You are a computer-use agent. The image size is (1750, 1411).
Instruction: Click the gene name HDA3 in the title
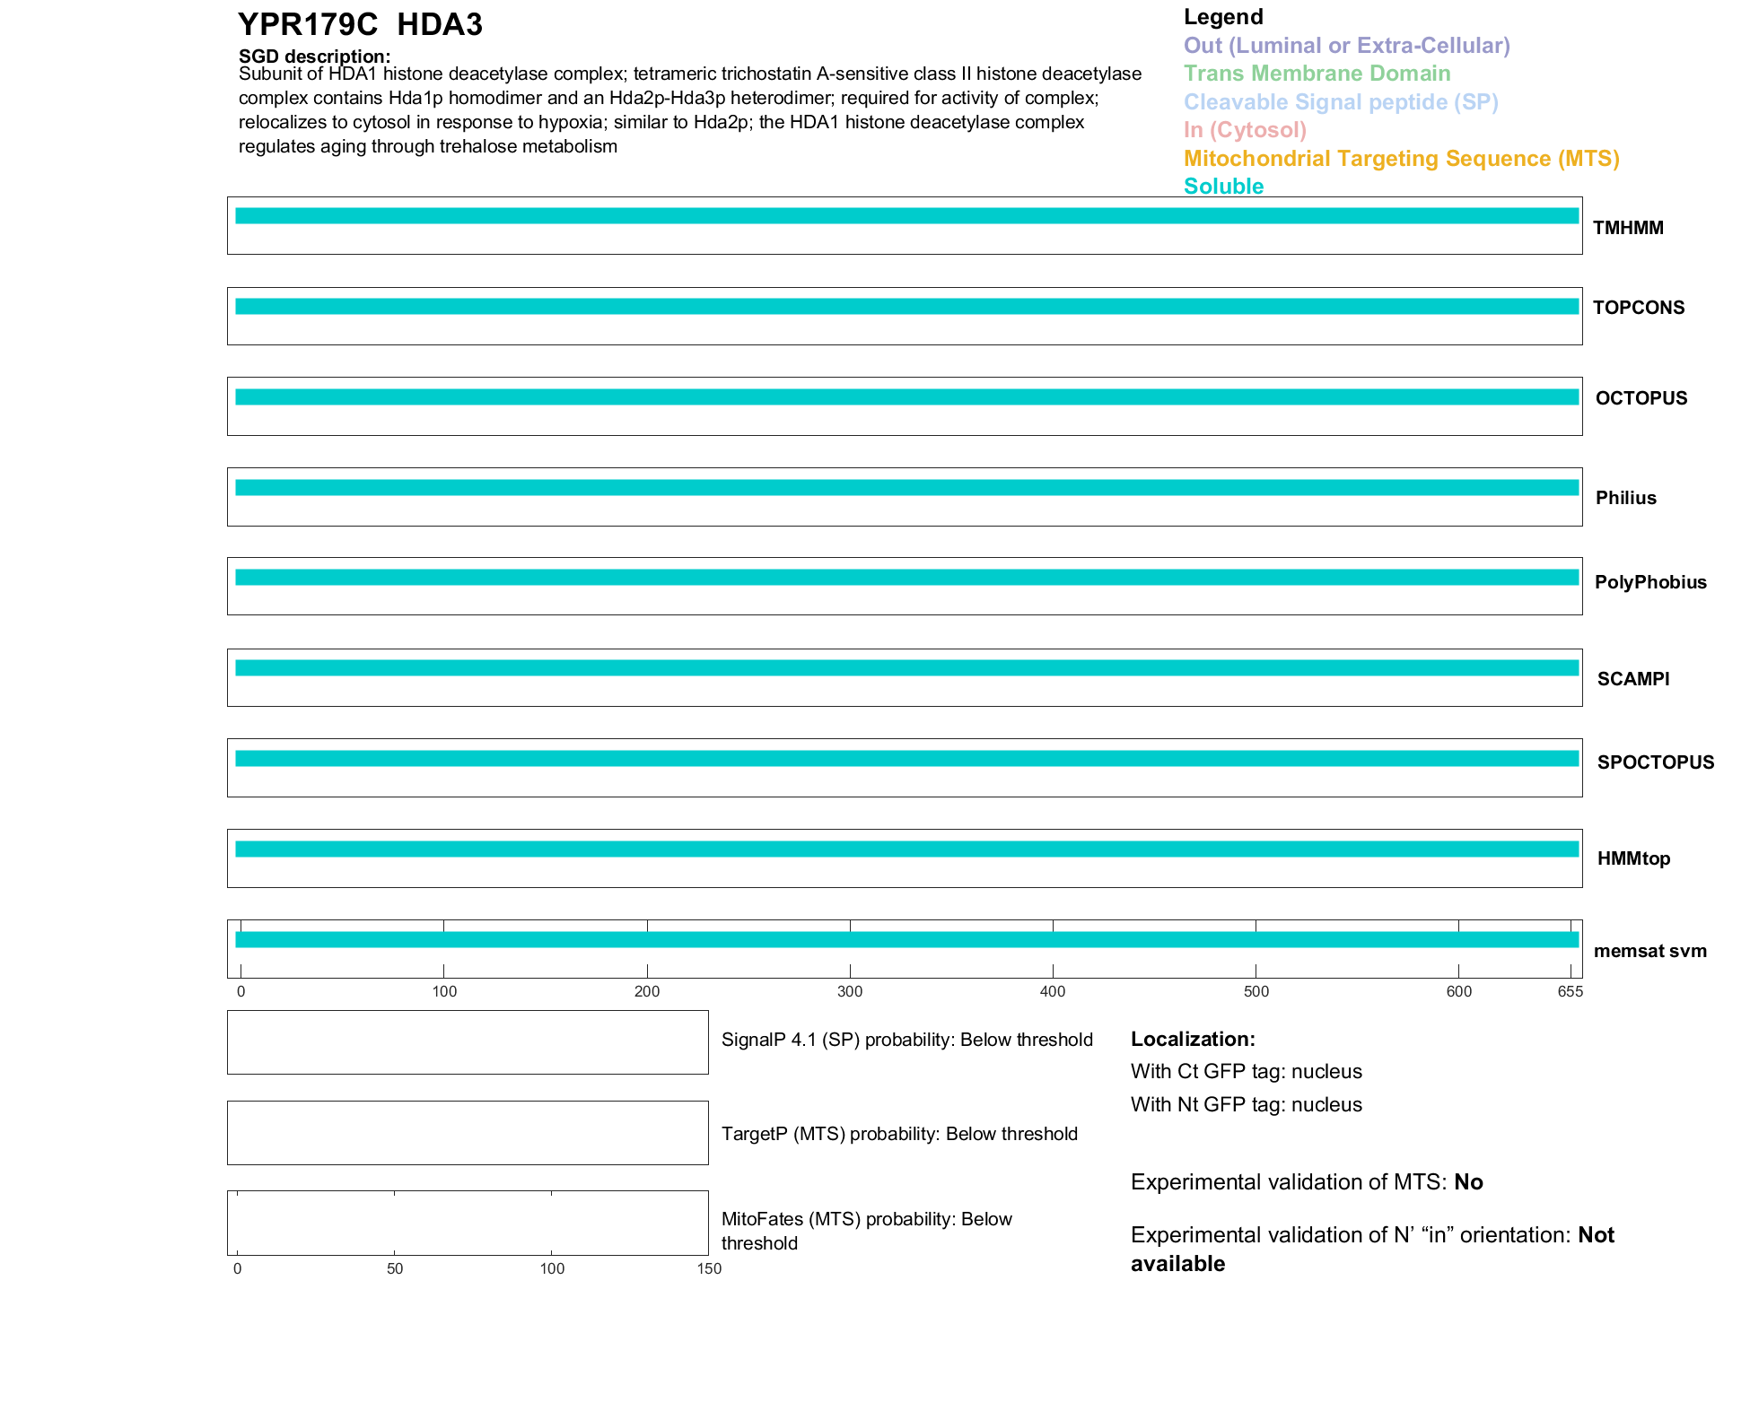tap(440, 25)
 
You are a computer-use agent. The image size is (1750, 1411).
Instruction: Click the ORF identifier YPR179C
tap(308, 25)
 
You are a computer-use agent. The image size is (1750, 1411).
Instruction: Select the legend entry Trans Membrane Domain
tap(1317, 74)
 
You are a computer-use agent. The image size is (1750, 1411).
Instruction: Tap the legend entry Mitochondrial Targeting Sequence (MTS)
tap(1401, 159)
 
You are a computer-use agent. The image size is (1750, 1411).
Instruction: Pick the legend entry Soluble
tap(1223, 187)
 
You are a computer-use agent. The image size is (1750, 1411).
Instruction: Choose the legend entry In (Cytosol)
tap(1245, 130)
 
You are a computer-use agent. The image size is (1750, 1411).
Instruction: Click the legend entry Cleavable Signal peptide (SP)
tap(1341, 102)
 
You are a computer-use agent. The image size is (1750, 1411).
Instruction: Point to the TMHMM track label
tap(1628, 228)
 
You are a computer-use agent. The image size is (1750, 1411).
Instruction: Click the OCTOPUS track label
tap(1641, 398)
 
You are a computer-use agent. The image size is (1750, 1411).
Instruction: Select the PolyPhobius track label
tap(1649, 582)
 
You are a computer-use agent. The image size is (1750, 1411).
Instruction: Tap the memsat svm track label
tap(1649, 951)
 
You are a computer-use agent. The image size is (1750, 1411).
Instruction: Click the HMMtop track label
tap(1633, 858)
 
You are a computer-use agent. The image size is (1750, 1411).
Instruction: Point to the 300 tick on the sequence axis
tap(850, 991)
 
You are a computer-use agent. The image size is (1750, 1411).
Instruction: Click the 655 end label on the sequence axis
tap(1570, 991)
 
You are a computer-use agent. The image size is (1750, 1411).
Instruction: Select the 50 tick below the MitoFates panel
tap(395, 1268)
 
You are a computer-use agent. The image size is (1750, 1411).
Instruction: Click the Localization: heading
tap(1193, 1039)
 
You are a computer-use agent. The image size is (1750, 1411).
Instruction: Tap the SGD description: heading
tap(314, 57)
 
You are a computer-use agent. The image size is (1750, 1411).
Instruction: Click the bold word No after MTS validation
tap(1468, 1182)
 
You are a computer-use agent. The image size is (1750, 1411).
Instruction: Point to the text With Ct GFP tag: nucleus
tap(1246, 1072)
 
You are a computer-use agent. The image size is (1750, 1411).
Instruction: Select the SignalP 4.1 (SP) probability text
tap(906, 1040)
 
